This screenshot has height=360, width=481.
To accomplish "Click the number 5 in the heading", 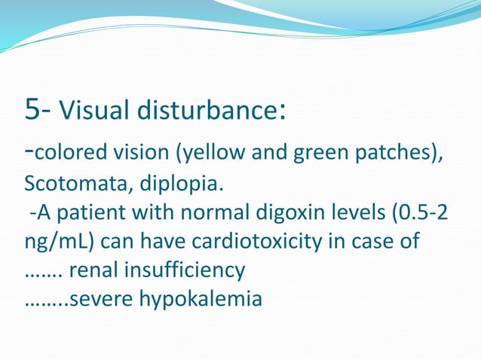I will [34, 111].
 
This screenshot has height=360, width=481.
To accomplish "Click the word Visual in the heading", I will [89, 113].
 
